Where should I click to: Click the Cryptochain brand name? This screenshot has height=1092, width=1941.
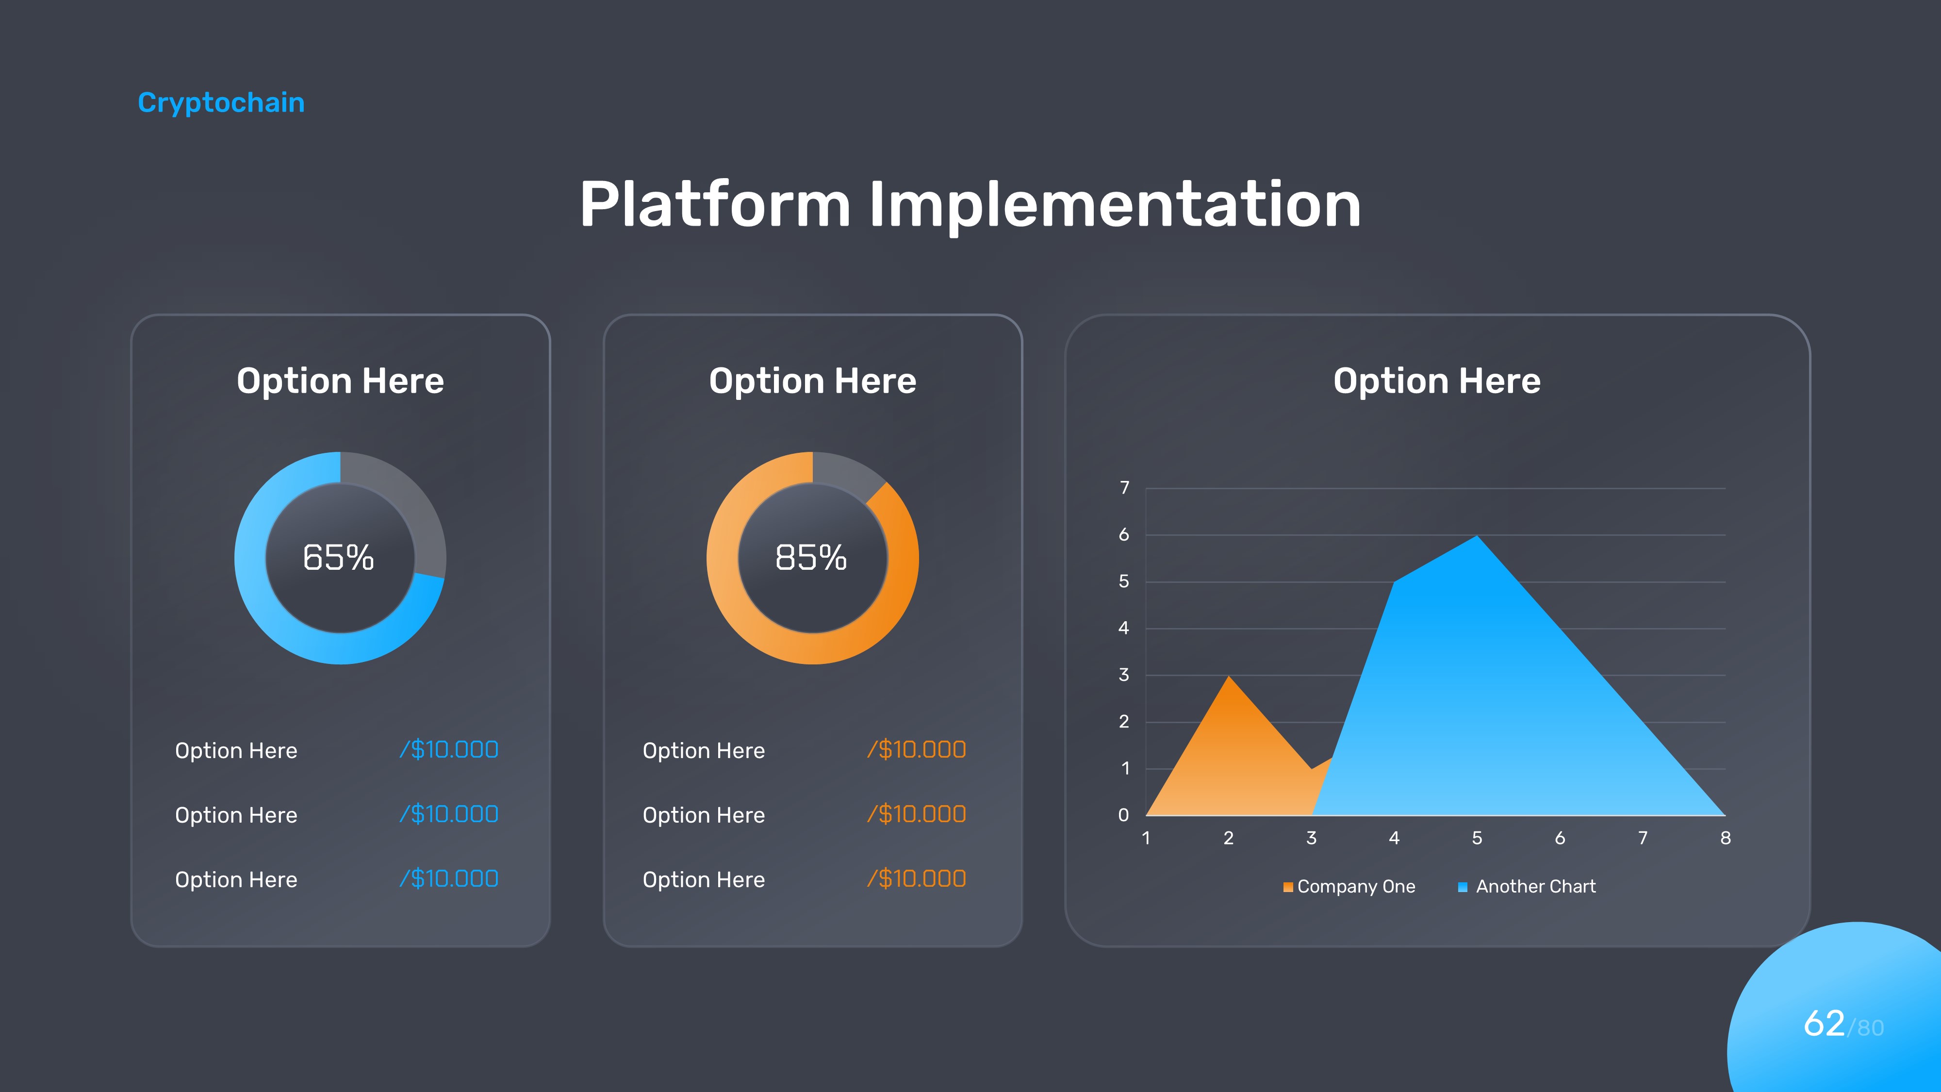(221, 102)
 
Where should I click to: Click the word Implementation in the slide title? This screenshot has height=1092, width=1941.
(1115, 204)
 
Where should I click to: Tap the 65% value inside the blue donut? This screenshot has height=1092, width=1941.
(338, 558)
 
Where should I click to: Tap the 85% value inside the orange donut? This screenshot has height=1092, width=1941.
(811, 558)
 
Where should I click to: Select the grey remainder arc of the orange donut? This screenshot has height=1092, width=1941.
(848, 469)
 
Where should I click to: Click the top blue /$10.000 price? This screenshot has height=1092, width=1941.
(449, 750)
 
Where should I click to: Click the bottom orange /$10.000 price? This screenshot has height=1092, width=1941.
(916, 879)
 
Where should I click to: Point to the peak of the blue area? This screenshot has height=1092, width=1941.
(1477, 536)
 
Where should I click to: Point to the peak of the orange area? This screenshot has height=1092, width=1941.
(1229, 676)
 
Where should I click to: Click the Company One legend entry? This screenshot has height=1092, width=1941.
(1349, 886)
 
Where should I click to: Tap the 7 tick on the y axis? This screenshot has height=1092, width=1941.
(1124, 488)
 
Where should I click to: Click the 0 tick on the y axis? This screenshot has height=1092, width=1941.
(1123, 815)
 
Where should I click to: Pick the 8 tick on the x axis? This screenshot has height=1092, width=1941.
(1726, 838)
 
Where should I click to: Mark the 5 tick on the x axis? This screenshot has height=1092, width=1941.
(1477, 838)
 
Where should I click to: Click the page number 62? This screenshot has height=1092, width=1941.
(1824, 1024)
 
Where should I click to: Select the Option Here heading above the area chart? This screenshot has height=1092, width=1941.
(1437, 381)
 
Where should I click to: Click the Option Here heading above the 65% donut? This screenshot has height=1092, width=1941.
(341, 381)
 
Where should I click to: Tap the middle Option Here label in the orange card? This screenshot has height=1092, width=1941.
(704, 815)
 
